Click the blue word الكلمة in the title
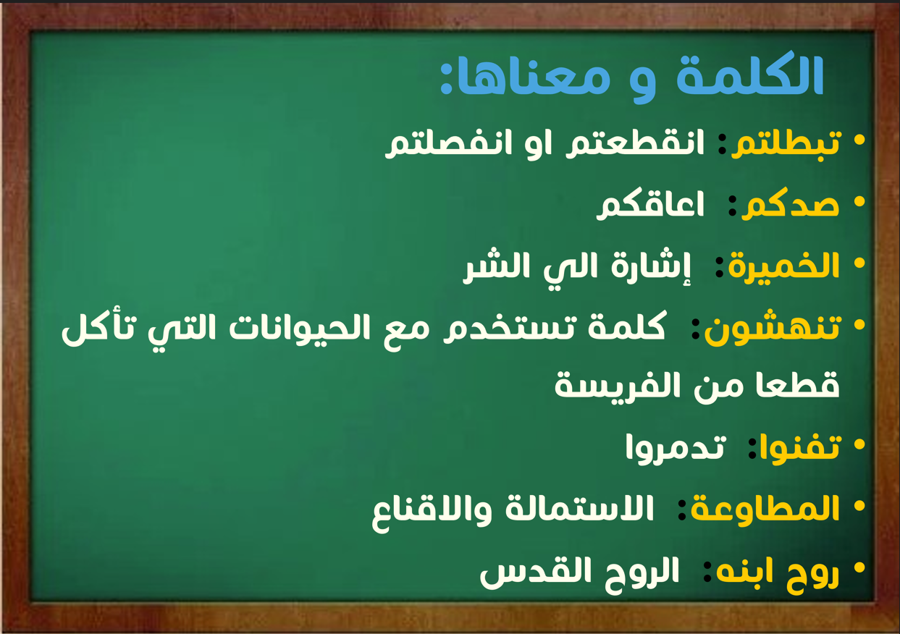point(749,75)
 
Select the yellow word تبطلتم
point(786,143)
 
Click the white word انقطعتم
point(635,143)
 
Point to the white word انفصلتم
point(449,143)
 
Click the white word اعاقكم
point(650,205)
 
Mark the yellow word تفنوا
point(799,449)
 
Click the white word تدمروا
point(676,449)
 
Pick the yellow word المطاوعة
point(765,509)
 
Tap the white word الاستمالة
point(579,509)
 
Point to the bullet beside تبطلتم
point(859,140)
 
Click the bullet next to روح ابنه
point(859,568)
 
